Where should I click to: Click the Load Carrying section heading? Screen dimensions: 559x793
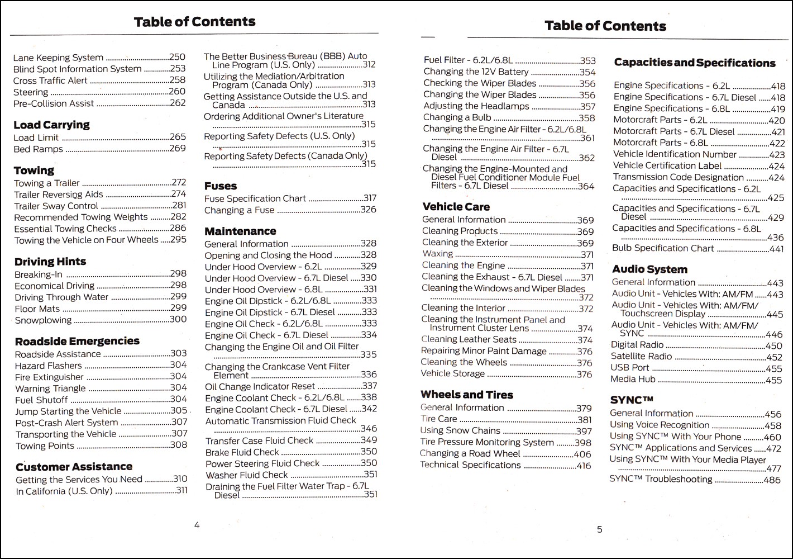(51, 125)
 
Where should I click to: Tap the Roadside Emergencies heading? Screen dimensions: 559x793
(77, 341)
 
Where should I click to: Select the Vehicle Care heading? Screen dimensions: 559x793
(456, 207)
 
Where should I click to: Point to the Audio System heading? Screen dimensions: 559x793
(649, 269)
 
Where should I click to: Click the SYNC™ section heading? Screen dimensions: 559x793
(632, 400)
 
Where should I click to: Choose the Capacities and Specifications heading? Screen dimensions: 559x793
(695, 63)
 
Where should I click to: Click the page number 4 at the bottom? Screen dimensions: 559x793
(197, 525)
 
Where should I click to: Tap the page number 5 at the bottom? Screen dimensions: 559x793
(600, 529)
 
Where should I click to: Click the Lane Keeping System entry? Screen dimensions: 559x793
(58, 58)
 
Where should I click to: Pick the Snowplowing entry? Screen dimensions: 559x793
(43, 320)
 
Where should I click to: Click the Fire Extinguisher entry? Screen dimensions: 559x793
(49, 377)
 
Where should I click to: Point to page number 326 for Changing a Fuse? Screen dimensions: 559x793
(368, 210)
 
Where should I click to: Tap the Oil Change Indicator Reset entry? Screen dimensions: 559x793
(260, 386)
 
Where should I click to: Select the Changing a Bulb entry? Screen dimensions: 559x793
(457, 117)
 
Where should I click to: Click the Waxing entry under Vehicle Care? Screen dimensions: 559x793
(437, 254)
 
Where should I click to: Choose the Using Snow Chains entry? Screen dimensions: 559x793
(460, 430)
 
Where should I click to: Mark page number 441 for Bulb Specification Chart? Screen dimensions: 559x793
(776, 249)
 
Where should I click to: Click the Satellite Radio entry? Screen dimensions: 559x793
(641, 356)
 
